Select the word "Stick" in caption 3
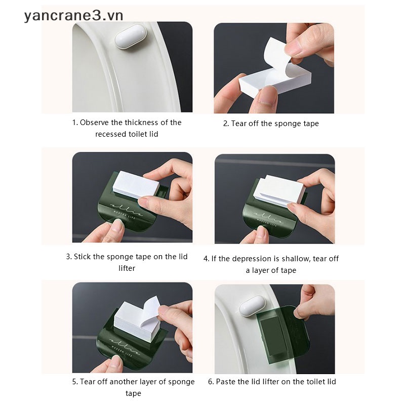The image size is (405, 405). [84, 257]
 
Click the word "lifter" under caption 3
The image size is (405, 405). [127, 268]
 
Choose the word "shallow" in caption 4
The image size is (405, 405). [295, 259]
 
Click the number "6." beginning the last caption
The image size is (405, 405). [211, 382]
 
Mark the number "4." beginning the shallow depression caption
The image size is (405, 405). [207, 259]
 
